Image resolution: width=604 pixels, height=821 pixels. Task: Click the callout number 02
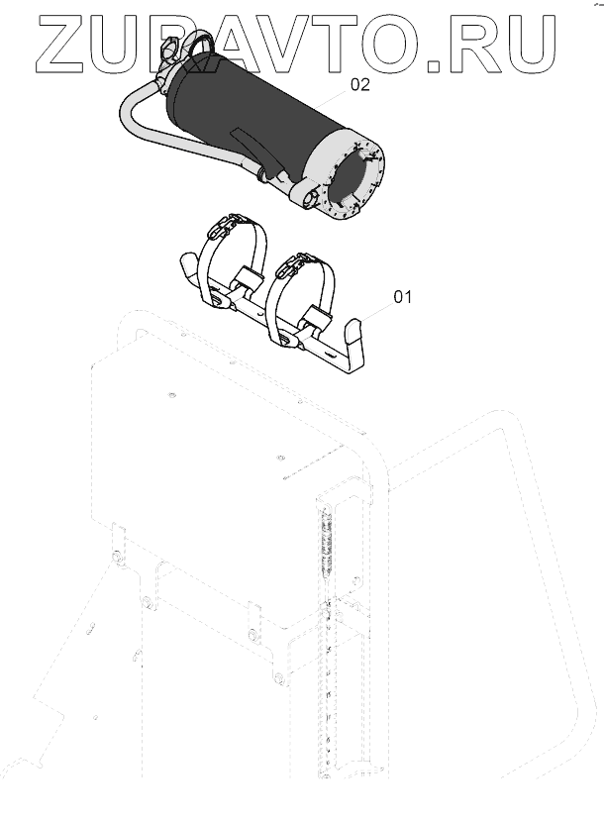(359, 85)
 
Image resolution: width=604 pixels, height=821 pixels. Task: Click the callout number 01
(403, 295)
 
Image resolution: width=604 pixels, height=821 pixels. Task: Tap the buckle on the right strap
(293, 264)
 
